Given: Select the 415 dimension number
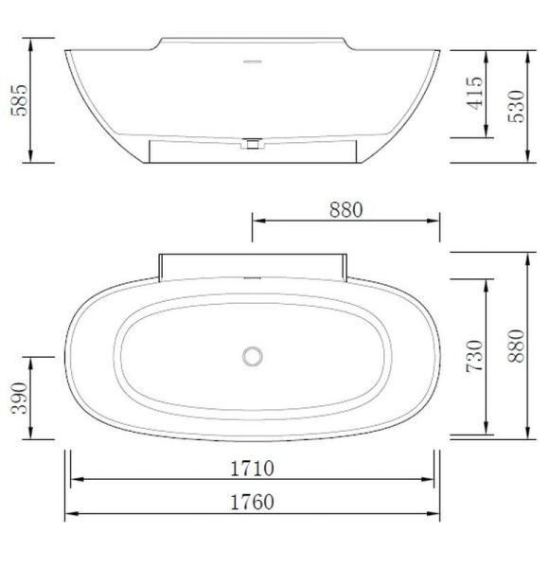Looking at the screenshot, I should point(475,94).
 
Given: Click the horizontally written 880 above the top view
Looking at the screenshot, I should point(345,210).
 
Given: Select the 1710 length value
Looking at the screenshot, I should point(252,468).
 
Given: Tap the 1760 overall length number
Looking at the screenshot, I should point(252,502).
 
